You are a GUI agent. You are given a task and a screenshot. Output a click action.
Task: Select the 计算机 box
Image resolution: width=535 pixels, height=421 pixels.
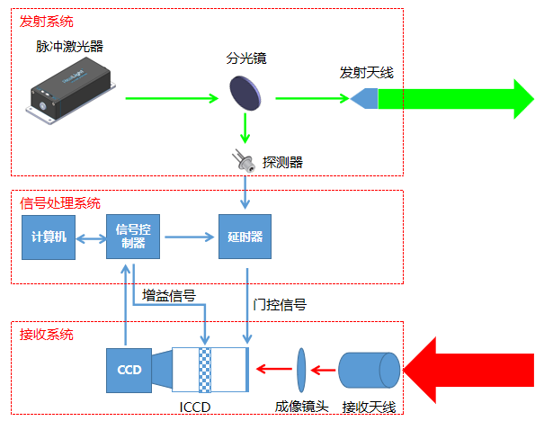click(x=47, y=237)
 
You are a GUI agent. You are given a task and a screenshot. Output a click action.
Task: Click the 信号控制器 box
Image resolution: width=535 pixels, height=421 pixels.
click(x=133, y=237)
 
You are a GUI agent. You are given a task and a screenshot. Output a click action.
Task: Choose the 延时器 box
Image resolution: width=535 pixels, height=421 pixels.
click(x=245, y=237)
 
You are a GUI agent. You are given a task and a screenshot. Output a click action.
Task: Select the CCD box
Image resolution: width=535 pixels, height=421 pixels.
click(x=128, y=369)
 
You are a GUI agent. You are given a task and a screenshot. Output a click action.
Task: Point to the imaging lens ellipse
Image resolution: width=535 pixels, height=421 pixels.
click(x=301, y=368)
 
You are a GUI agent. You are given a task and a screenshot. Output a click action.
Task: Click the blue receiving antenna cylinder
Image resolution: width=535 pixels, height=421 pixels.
click(x=369, y=369)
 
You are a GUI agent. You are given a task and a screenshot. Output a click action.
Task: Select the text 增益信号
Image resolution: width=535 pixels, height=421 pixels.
click(x=169, y=295)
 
